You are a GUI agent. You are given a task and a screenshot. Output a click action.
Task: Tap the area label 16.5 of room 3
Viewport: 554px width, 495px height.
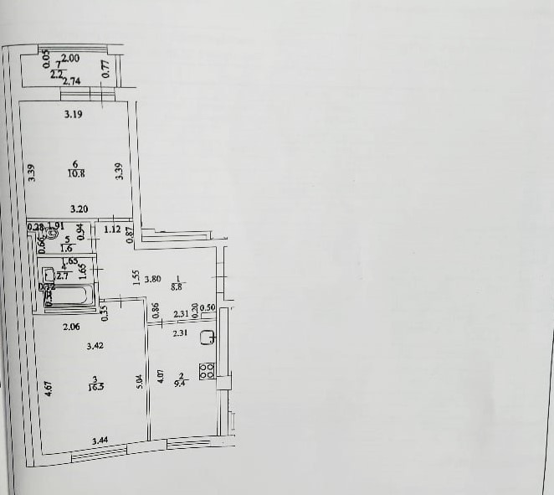coord(99,386)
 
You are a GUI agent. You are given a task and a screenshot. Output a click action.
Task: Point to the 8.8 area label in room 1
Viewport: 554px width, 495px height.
coord(177,287)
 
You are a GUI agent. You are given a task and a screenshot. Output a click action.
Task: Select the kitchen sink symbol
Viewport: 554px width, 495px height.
coord(209,338)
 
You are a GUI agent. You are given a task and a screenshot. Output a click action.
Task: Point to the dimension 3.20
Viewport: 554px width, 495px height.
coord(80,209)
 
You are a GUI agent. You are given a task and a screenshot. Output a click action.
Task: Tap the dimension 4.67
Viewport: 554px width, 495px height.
coord(49,389)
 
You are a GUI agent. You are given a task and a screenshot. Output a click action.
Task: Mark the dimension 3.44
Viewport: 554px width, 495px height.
coord(100,440)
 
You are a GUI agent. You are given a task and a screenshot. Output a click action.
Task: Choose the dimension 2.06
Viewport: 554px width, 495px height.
coord(71,327)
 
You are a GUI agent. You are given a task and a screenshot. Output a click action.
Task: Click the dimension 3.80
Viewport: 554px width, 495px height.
coord(152,279)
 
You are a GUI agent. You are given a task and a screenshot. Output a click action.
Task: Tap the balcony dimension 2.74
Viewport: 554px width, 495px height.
coord(71,80)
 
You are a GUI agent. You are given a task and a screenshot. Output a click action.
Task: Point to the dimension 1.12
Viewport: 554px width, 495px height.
coord(113,229)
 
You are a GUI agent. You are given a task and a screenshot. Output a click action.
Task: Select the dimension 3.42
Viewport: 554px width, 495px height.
coord(96,344)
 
